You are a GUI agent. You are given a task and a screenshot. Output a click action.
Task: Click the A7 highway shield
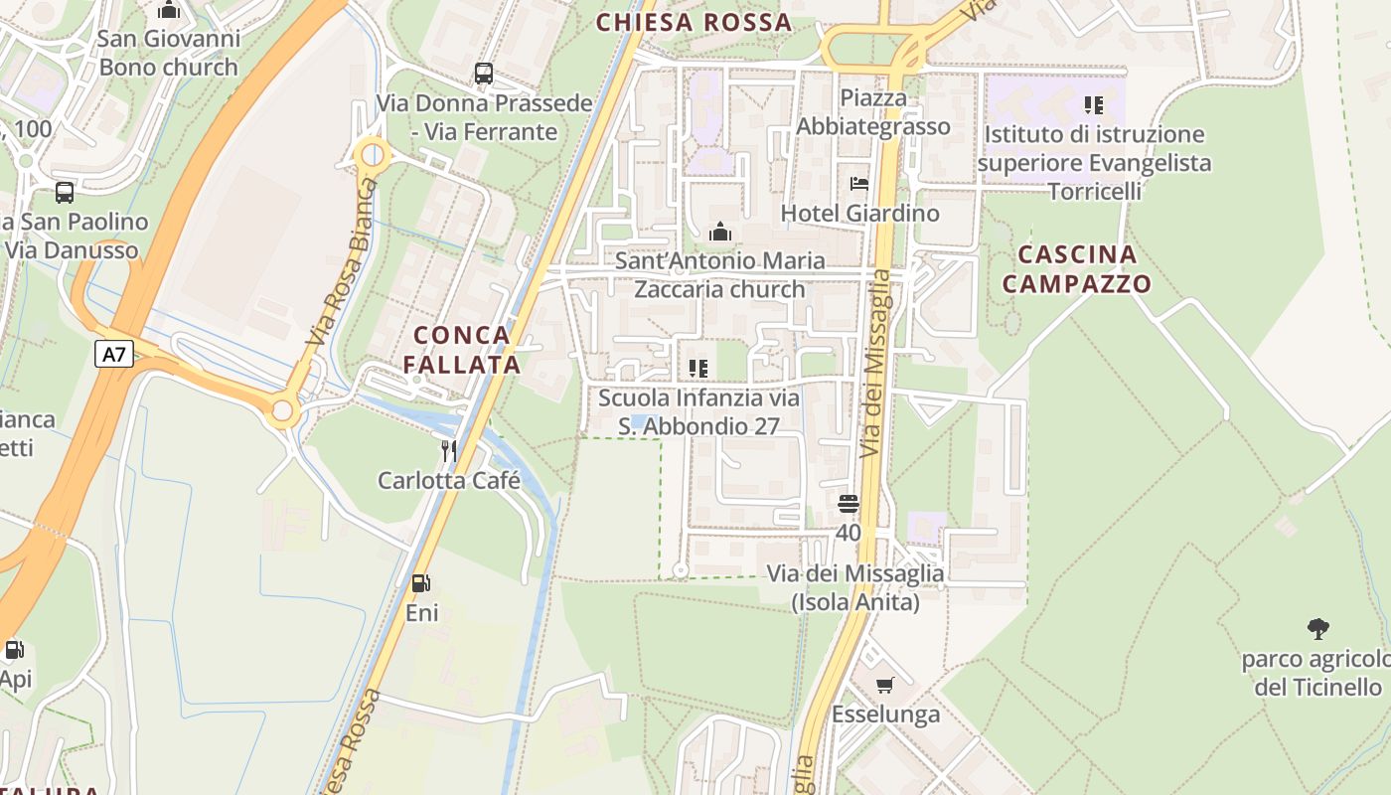[x=114, y=354]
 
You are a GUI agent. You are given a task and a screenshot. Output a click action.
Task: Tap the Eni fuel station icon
[x=421, y=583]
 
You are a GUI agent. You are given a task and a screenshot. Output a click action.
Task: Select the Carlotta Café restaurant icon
[x=449, y=451]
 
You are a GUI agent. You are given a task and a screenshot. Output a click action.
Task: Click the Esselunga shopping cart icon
[x=885, y=685]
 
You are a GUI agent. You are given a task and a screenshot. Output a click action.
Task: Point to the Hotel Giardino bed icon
[x=859, y=184]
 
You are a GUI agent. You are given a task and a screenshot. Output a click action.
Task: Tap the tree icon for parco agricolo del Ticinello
[x=1318, y=629]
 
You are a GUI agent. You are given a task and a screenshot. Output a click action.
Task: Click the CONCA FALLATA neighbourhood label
[x=462, y=350]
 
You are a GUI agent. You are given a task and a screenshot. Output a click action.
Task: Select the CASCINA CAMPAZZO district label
[x=1077, y=269]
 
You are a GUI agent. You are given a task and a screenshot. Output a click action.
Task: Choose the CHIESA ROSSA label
[x=694, y=22]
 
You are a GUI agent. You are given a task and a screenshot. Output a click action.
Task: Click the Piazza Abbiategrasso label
[x=873, y=112]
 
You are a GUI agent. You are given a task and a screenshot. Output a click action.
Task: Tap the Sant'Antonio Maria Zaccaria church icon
[x=720, y=233]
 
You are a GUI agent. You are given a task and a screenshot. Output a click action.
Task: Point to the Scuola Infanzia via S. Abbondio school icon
[x=698, y=369]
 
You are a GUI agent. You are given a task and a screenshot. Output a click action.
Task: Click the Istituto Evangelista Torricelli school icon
[x=1094, y=104]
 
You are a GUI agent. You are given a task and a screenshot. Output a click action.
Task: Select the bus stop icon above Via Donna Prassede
[x=484, y=73]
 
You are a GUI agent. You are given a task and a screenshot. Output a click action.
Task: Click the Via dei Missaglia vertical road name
[x=875, y=363]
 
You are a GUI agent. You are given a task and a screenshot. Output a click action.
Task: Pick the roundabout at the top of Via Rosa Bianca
[x=373, y=155]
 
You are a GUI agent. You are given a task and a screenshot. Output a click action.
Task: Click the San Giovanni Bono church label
[x=169, y=53]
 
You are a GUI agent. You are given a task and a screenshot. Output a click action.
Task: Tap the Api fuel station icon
[x=15, y=651]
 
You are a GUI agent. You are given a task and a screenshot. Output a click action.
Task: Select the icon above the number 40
[x=848, y=504]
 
